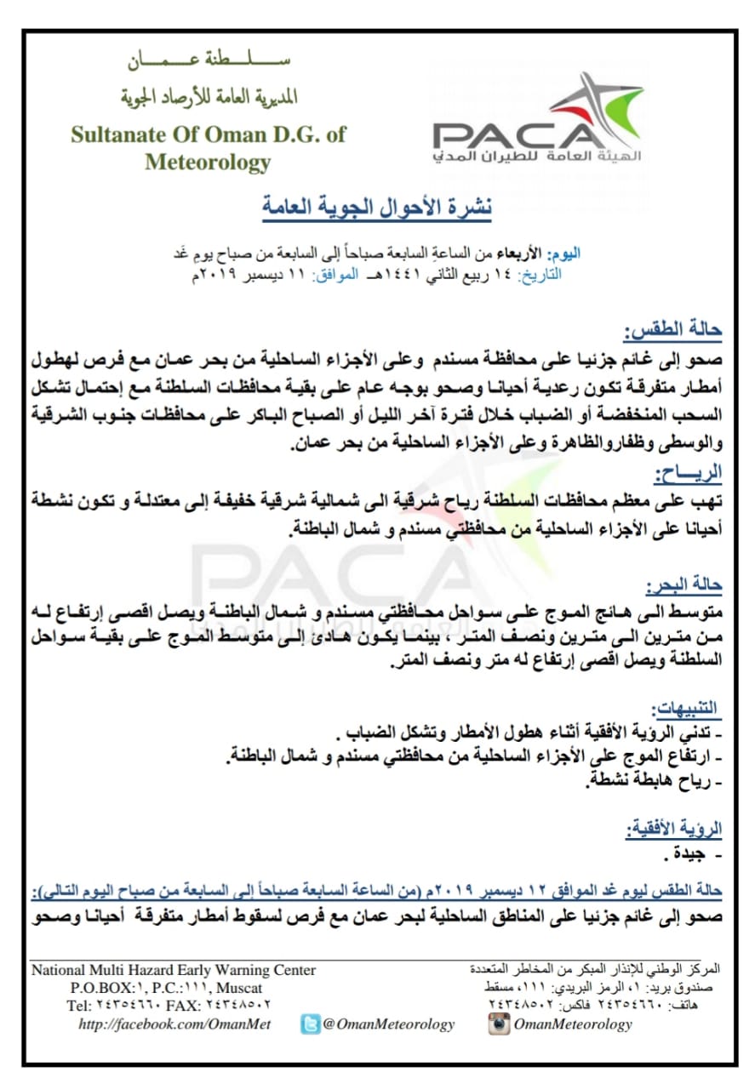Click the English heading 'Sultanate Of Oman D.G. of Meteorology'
click(209, 148)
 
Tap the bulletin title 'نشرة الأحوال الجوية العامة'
click(376, 207)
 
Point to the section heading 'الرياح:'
click(691, 473)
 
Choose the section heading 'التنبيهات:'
click(686, 708)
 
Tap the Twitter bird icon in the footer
click(311, 1024)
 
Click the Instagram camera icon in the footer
click(499, 1023)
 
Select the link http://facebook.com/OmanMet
click(174, 1024)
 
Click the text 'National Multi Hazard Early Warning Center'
click(174, 970)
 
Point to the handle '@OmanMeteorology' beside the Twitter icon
click(389, 1024)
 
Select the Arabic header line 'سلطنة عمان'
click(209, 62)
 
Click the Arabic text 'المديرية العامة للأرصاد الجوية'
click(209, 96)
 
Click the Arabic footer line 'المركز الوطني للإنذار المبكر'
click(596, 970)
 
